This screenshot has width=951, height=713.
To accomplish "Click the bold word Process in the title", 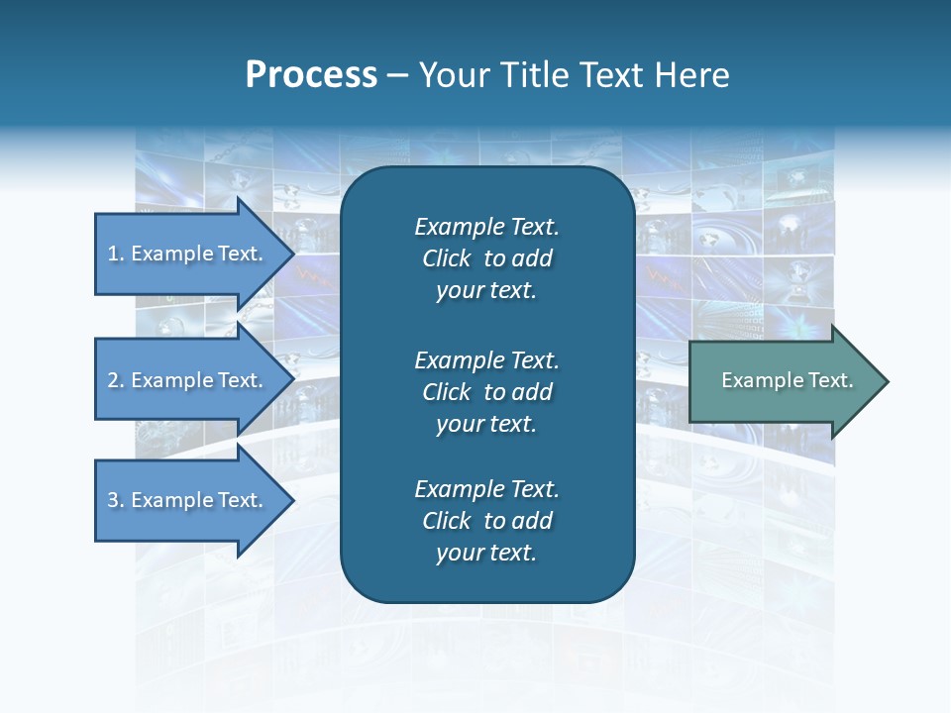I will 311,75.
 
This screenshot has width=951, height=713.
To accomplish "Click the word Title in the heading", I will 536,75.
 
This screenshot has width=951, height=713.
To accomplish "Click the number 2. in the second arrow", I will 116,380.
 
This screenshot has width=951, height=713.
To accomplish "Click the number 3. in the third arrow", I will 116,500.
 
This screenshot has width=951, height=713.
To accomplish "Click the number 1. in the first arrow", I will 116,254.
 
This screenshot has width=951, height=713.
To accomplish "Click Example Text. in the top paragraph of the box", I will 486,227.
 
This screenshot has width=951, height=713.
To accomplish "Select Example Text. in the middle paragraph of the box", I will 486,359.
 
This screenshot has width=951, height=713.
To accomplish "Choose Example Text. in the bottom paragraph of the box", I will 486,489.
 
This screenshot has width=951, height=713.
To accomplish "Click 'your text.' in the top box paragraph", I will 486,291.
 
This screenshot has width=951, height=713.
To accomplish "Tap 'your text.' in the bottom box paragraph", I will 486,554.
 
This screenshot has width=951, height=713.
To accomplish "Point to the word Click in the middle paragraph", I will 446,392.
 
